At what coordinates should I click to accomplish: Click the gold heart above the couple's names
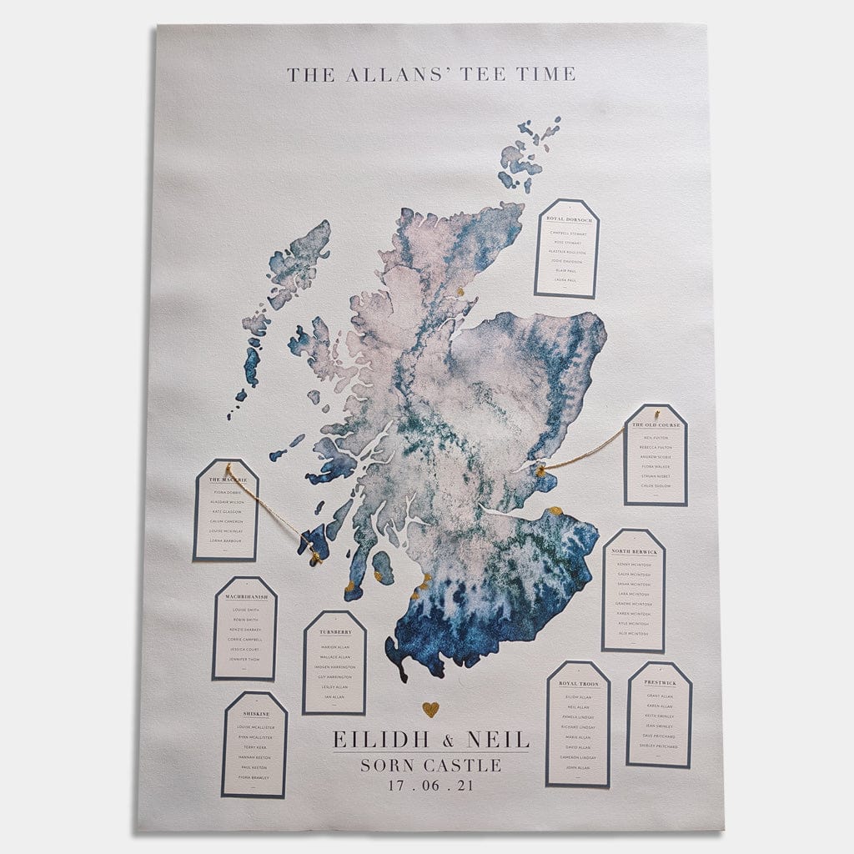[x=430, y=709]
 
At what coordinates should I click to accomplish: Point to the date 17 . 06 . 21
[x=430, y=785]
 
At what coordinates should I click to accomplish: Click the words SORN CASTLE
[x=430, y=764]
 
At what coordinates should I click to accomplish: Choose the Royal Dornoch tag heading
[x=568, y=220]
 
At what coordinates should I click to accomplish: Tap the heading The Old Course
[x=656, y=425]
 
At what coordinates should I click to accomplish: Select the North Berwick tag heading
[x=634, y=552]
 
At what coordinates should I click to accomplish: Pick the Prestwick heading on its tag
[x=660, y=683]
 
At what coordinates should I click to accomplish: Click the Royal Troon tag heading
[x=578, y=683]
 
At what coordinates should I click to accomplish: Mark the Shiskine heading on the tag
[x=255, y=715]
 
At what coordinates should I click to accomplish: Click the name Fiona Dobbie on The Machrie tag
[x=228, y=493]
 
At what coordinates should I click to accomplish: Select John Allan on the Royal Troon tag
[x=578, y=767]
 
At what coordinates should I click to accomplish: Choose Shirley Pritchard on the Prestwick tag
[x=660, y=746]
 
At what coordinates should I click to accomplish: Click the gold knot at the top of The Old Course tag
[x=656, y=413]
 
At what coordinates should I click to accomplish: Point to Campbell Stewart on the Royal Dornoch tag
[x=568, y=234]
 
